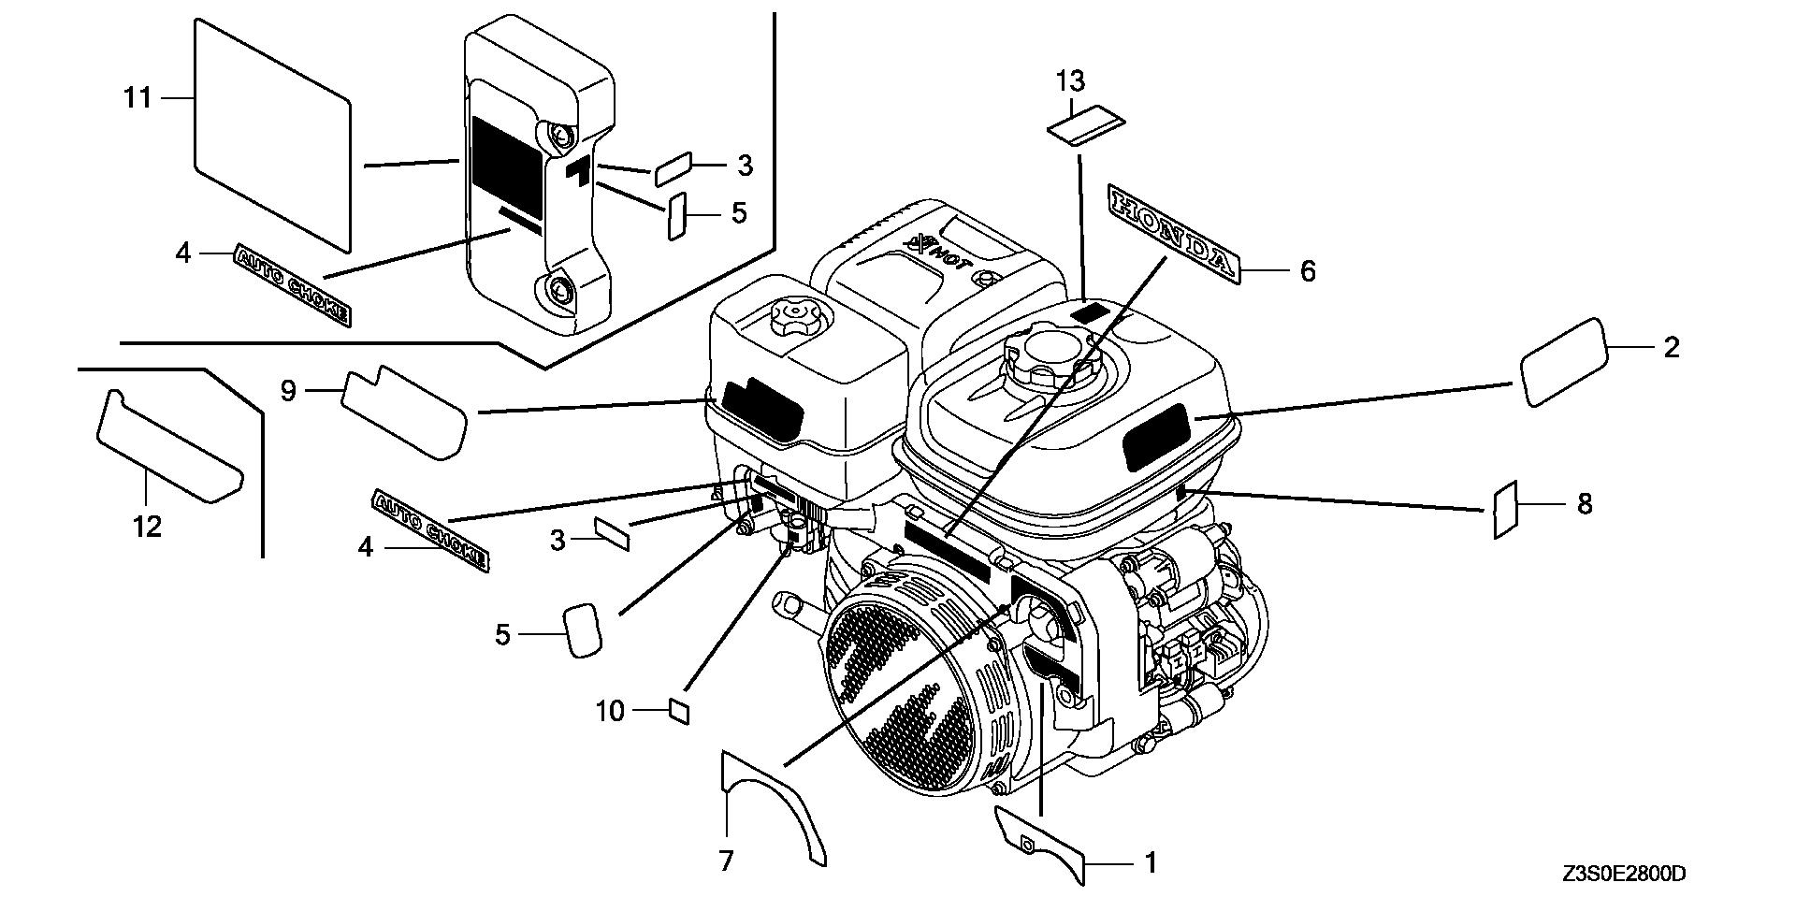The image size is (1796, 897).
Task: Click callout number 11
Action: click(x=138, y=97)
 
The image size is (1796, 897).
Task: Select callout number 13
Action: click(x=1070, y=81)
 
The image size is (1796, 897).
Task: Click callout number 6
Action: click(x=1307, y=271)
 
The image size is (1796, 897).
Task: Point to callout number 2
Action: click(x=1671, y=348)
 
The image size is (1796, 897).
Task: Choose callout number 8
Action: click(x=1584, y=504)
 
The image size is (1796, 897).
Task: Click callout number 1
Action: click(x=1151, y=862)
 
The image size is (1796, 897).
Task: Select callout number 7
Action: click(x=727, y=861)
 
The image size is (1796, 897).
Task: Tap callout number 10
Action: click(x=610, y=712)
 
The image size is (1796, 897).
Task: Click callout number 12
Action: click(x=148, y=527)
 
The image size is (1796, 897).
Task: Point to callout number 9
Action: click(x=288, y=390)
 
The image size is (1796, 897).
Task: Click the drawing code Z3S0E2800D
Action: click(x=1623, y=875)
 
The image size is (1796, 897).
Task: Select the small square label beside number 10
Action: click(x=681, y=711)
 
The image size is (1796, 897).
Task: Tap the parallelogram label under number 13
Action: click(x=1085, y=125)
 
